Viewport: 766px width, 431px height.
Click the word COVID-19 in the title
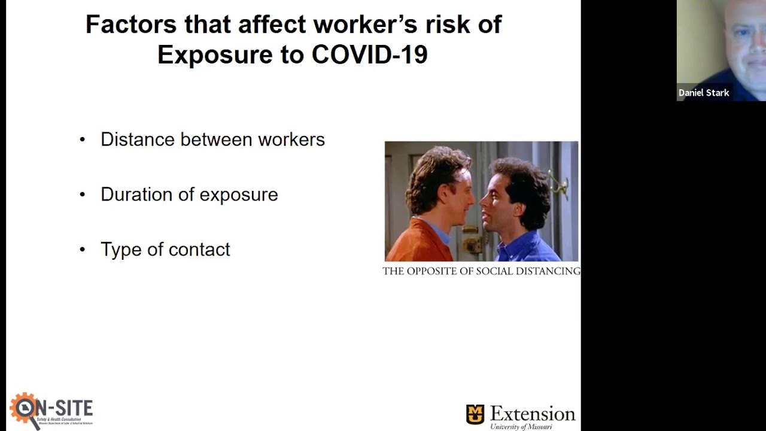pos(369,54)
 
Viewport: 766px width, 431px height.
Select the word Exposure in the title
pos(215,54)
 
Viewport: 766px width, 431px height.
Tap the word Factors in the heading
pos(131,25)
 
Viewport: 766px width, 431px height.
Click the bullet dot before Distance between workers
pos(83,139)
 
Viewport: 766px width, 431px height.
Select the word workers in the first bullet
pos(291,139)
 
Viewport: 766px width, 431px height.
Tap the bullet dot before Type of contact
pos(83,250)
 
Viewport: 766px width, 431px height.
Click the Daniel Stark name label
pos(704,93)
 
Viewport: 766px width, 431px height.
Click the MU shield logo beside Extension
pos(475,414)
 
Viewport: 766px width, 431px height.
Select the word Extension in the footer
pos(533,414)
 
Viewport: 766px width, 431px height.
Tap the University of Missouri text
pos(521,427)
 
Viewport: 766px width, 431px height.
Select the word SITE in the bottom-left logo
pos(72,408)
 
